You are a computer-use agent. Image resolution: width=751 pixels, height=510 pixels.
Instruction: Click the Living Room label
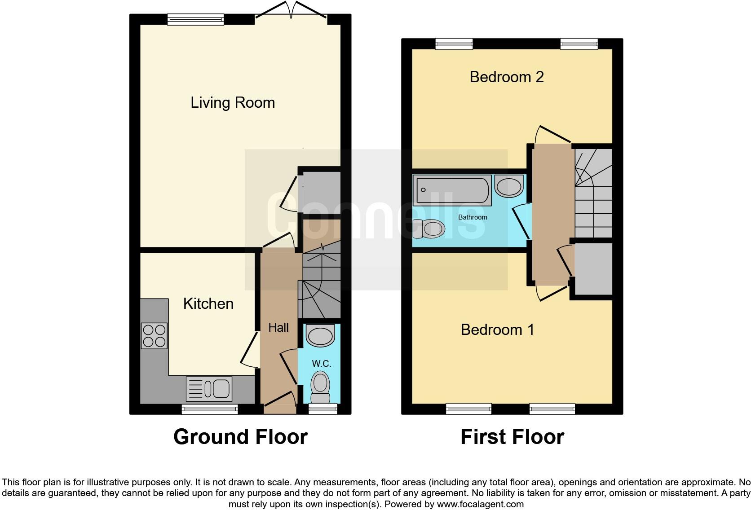pyautogui.click(x=233, y=103)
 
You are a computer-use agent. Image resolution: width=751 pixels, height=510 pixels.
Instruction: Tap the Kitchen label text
pyautogui.click(x=208, y=304)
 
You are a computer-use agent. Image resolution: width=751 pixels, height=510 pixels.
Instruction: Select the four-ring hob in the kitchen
pyautogui.click(x=154, y=336)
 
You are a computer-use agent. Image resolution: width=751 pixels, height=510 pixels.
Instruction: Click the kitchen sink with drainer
pyautogui.click(x=209, y=389)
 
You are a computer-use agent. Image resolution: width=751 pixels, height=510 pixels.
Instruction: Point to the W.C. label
pyautogui.click(x=321, y=364)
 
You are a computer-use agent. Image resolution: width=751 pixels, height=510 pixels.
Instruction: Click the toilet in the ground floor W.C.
pyautogui.click(x=320, y=387)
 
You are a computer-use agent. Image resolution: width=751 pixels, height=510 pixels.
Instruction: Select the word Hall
pyautogui.click(x=278, y=328)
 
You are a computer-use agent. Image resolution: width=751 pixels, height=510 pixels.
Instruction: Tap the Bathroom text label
pyautogui.click(x=473, y=217)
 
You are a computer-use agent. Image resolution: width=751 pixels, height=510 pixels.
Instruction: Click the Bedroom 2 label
pyautogui.click(x=507, y=77)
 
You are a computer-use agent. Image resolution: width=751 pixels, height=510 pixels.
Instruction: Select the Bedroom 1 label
pyautogui.click(x=497, y=330)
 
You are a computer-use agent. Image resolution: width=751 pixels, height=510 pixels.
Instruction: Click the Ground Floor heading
pyautogui.click(x=240, y=437)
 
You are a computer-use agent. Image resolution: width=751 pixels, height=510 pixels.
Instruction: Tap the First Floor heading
pyautogui.click(x=512, y=437)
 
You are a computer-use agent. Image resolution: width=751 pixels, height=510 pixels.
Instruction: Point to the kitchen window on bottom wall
pyautogui.click(x=210, y=409)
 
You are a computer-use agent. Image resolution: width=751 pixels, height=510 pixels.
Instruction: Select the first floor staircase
pyautogui.click(x=593, y=193)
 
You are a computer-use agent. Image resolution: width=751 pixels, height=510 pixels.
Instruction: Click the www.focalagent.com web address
pyautogui.click(x=480, y=504)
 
